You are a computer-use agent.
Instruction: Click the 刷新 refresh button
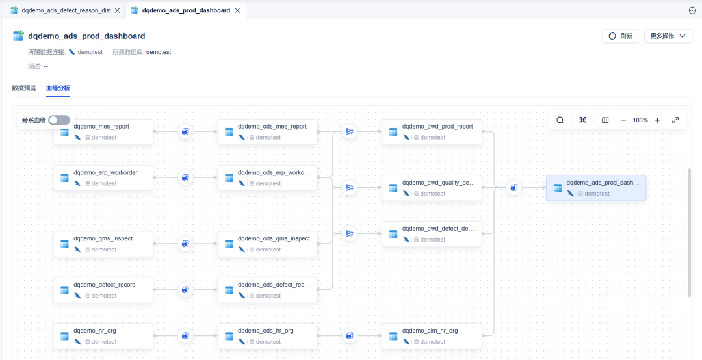point(620,36)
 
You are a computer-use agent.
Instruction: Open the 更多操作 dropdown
point(668,36)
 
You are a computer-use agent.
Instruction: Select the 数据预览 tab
point(24,88)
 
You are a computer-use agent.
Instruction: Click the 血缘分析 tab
point(58,88)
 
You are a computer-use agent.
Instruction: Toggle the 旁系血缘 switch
point(59,120)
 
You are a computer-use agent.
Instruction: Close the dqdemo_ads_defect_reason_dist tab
point(117,10)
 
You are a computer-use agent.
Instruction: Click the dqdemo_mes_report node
point(103,132)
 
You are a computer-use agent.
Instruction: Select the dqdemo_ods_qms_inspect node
point(267,244)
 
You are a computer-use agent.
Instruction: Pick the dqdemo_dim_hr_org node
point(432,336)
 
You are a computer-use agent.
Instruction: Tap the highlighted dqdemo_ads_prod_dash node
point(596,188)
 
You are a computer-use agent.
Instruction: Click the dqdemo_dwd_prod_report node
point(432,132)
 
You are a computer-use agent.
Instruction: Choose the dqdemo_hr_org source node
point(103,336)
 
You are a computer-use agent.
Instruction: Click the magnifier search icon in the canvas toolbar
point(560,120)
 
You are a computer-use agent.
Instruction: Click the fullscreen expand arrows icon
point(675,120)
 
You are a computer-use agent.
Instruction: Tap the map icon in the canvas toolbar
point(605,120)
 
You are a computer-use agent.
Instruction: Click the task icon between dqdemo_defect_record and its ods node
point(185,290)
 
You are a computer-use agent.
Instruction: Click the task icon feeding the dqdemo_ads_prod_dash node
point(514,188)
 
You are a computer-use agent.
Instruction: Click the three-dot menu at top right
point(692,11)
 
